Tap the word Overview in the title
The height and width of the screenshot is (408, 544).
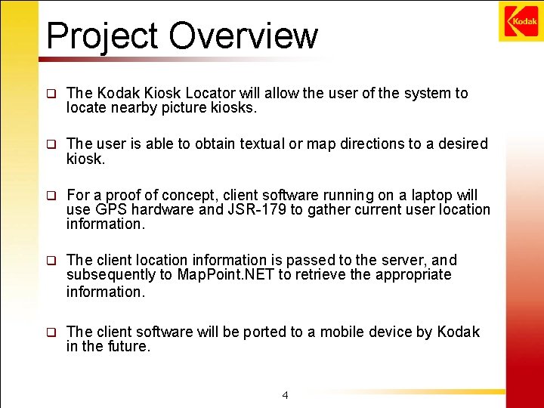coord(243,36)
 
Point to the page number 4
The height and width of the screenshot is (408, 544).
coord(285,394)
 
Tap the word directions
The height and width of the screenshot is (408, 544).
coord(375,144)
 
